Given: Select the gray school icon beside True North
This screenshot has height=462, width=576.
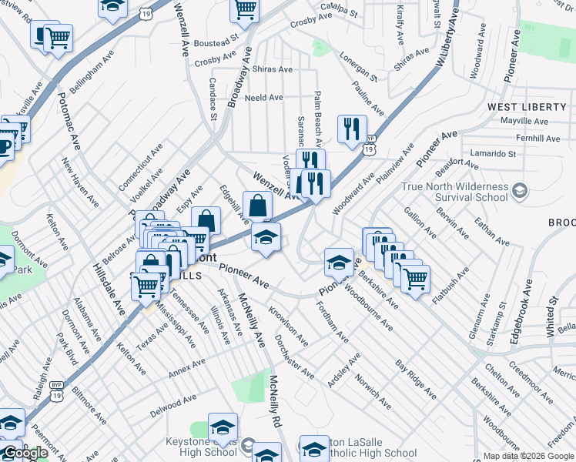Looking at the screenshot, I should click(521, 189).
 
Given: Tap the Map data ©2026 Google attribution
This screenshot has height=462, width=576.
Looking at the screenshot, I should click(528, 456).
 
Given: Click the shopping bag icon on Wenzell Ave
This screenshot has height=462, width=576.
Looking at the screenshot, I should click(257, 206).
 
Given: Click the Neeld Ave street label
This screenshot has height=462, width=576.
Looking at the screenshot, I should click(264, 98).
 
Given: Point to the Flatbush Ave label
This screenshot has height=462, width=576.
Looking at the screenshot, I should click(452, 284).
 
